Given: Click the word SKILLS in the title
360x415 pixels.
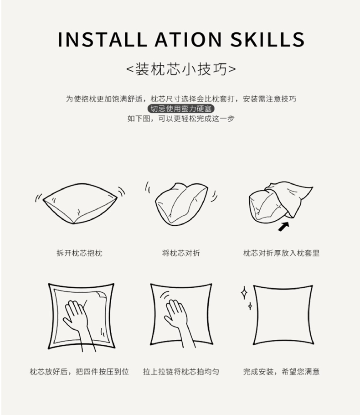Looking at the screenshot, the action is tap(267, 40).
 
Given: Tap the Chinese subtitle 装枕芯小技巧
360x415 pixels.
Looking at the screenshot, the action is tap(181, 69).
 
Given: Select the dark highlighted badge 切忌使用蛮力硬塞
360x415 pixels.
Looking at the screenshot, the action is tap(181, 109).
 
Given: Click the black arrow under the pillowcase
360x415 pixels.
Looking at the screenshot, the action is tap(283, 227).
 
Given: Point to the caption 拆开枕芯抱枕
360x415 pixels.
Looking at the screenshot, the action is tap(79, 253).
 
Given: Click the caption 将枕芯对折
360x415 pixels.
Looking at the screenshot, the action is tap(181, 253).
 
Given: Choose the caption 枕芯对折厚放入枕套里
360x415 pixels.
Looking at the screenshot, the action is tap(282, 253).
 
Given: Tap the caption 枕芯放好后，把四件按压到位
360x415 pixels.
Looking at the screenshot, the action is tap(79, 372).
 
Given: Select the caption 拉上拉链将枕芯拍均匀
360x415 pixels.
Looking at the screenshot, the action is tap(181, 372).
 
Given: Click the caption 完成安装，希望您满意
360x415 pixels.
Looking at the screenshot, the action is tap(282, 372).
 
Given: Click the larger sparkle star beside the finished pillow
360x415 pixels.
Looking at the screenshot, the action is tap(244, 293).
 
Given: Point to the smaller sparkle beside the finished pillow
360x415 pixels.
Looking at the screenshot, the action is tap(250, 306).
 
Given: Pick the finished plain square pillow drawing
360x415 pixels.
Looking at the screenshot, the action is tap(283, 315).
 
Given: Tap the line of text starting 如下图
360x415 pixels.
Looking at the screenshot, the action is tap(181, 119).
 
